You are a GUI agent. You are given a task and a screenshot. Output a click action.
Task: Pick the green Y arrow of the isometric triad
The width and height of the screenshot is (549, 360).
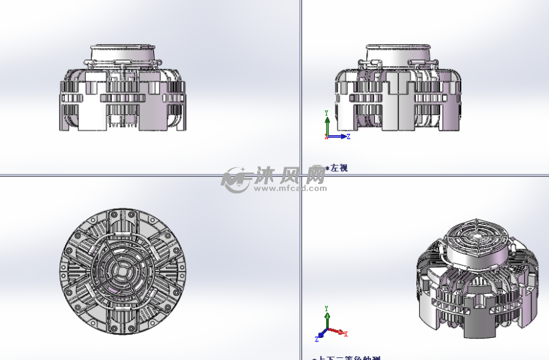pyautogui.click(x=327, y=318)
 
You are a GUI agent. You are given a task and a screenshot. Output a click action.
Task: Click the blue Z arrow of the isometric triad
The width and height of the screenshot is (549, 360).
pyautogui.click(x=321, y=335)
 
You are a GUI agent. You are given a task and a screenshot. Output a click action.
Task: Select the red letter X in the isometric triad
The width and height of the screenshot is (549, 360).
pyautogui.click(x=345, y=334)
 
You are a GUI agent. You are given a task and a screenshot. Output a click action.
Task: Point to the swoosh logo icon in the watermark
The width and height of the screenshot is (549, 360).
pyautogui.click(x=236, y=179)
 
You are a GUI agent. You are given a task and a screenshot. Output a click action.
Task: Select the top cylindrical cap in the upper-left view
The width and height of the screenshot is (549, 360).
pyautogui.click(x=123, y=54)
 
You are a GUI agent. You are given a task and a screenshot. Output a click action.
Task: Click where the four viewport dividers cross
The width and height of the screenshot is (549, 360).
pyautogui.click(x=301, y=176)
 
